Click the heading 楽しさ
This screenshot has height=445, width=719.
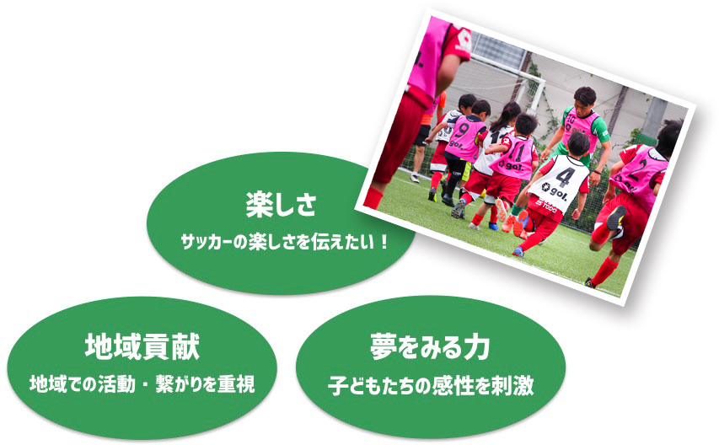coord(281,205)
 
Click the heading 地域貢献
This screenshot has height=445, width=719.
coord(142,347)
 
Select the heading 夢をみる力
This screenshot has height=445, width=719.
coord(430,347)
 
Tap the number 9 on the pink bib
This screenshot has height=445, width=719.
coord(462,130)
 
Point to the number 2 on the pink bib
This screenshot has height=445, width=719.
coord(637,170)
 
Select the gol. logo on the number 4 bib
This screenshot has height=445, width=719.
coord(555,191)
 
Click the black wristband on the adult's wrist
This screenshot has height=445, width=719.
coord(596,172)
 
